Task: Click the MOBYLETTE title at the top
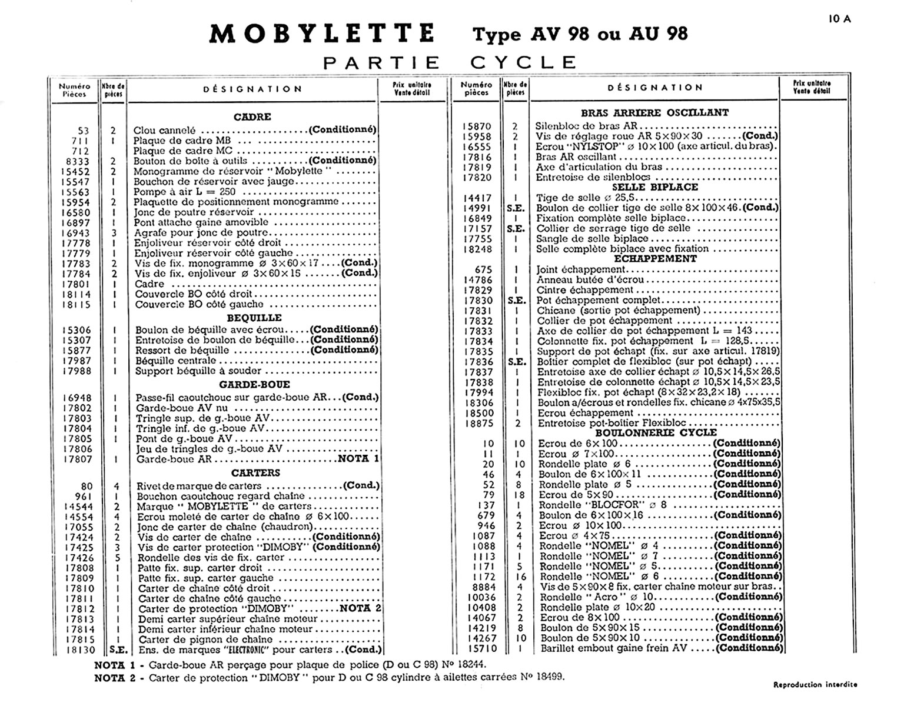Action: click(322, 34)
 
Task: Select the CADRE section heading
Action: click(252, 116)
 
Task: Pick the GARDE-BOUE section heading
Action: click(254, 385)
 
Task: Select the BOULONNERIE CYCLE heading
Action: click(655, 432)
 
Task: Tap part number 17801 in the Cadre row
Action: click(78, 284)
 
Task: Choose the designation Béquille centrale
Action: click(176, 361)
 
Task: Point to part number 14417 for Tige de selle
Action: click(477, 198)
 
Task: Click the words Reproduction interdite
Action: click(815, 684)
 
